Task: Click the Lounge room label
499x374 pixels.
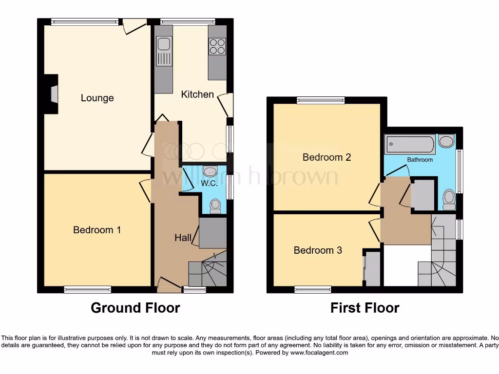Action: [x=97, y=98]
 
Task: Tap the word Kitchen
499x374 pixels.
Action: [x=197, y=94]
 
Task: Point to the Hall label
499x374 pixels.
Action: [x=183, y=238]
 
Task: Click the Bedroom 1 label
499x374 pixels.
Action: [x=97, y=229]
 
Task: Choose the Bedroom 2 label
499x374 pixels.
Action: [x=326, y=157]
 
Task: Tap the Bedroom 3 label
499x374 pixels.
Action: [x=318, y=250]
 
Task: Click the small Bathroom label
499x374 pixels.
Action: [x=420, y=160]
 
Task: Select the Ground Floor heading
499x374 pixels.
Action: [x=135, y=308]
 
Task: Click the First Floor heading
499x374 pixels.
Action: [x=365, y=308]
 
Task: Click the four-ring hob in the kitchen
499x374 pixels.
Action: [x=217, y=46]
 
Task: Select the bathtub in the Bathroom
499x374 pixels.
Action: [x=410, y=144]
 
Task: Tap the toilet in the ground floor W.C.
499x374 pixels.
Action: [x=214, y=207]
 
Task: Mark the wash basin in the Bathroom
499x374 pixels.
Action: [x=445, y=142]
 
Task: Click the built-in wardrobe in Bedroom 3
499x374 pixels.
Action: [x=373, y=268]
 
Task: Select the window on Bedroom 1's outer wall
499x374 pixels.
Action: [x=84, y=290]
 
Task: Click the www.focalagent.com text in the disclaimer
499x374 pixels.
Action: [x=319, y=353]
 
